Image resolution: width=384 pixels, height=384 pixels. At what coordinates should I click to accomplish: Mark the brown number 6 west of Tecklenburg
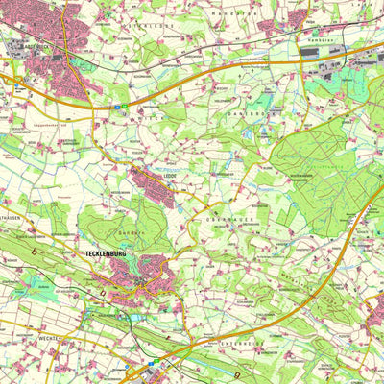pyautogui.click(x=36, y=252)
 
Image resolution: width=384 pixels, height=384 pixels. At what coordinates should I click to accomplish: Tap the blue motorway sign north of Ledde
pyautogui.click(x=120, y=108)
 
